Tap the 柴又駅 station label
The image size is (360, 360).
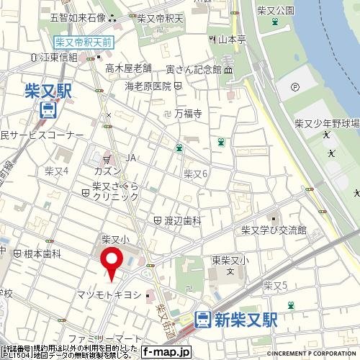coord(48,91)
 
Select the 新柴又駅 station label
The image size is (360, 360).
coord(246,318)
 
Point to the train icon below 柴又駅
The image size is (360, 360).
coord(48,109)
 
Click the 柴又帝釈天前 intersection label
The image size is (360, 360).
coord(84,43)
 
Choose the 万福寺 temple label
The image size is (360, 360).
coord(186,113)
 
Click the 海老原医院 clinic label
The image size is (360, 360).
coord(148,86)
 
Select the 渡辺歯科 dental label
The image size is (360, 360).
coord(181,221)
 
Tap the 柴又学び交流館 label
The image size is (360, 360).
coord(274,230)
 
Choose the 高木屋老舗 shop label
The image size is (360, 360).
coord(129,68)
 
